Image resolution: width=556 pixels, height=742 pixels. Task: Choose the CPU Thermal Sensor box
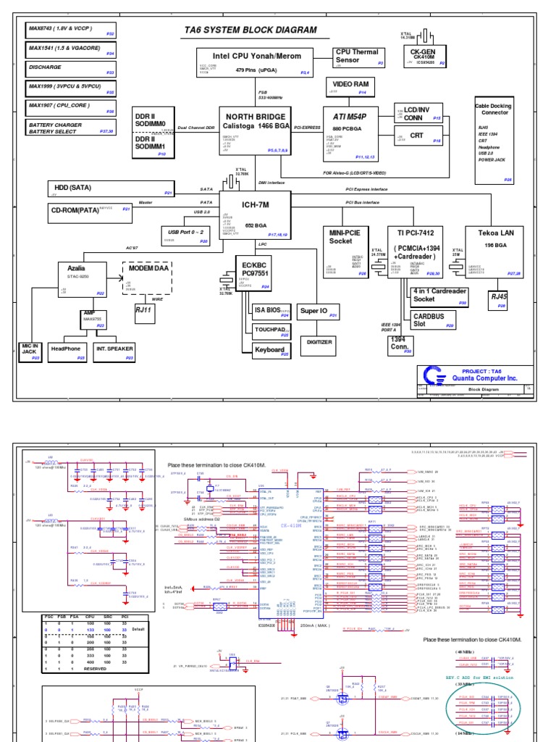click(x=356, y=57)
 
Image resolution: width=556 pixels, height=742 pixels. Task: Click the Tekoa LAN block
click(x=494, y=252)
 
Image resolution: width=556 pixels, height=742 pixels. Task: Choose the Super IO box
click(x=319, y=311)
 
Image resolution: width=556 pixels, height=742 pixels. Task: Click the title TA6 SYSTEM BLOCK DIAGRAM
click(x=250, y=30)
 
